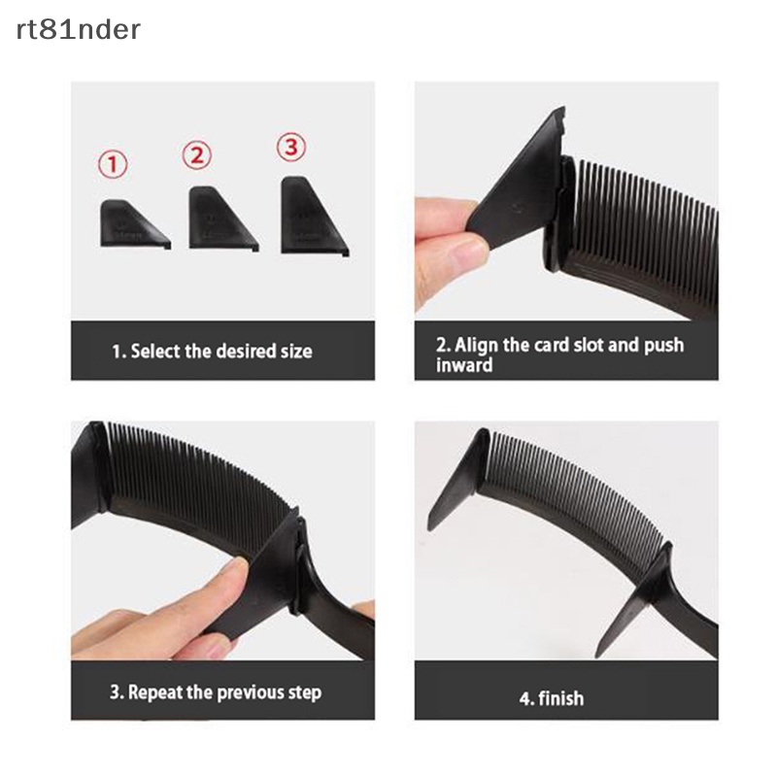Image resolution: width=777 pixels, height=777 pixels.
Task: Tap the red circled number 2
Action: [x=197, y=154]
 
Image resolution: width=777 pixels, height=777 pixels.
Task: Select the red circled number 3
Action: [x=290, y=147]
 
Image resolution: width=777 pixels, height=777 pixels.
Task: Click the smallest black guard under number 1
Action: [x=130, y=224]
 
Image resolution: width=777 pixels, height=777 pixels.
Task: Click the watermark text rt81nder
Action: [x=78, y=30]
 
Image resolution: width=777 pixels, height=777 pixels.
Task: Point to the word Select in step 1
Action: [x=154, y=351]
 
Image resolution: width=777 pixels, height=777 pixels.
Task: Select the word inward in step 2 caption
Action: [x=464, y=365]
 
